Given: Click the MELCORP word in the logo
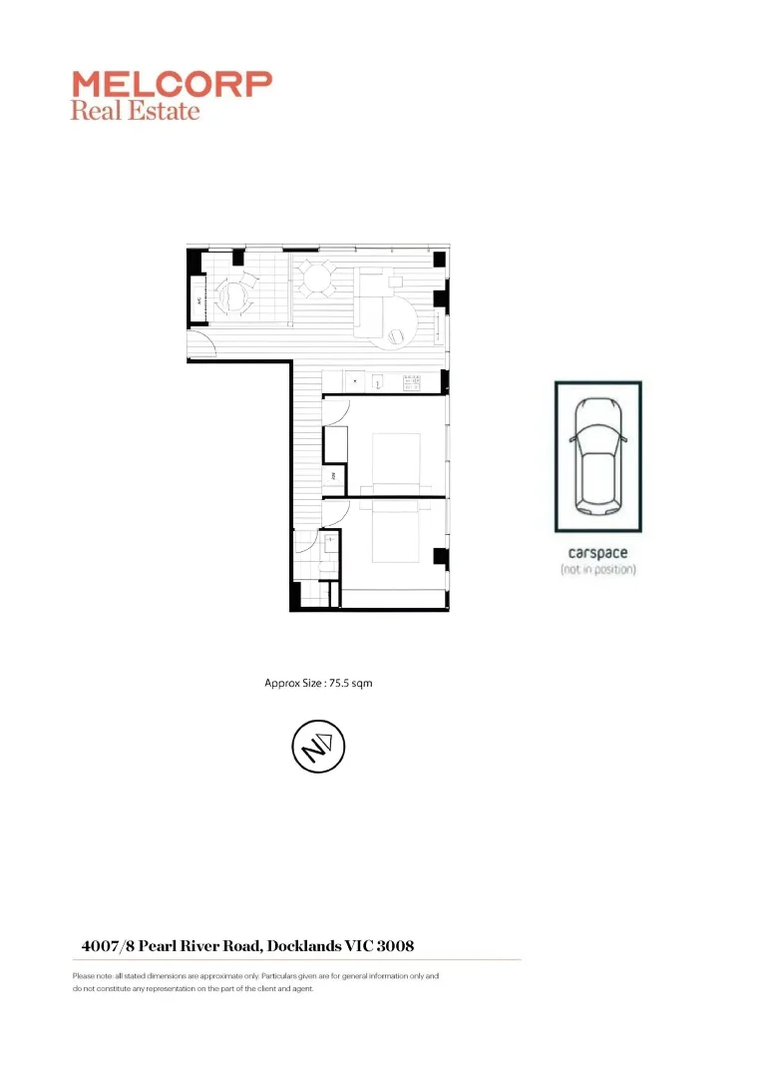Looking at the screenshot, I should [171, 84].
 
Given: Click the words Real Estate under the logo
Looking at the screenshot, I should [135, 111].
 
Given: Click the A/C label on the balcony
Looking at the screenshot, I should [199, 299].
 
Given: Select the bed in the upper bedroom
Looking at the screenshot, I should [394, 462].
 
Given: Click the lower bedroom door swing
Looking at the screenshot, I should [333, 510].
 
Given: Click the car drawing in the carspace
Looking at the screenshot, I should [597, 455].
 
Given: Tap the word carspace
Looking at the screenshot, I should [597, 553].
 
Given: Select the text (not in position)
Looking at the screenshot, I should [597, 569].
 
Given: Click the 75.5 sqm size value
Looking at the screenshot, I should [350, 684].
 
